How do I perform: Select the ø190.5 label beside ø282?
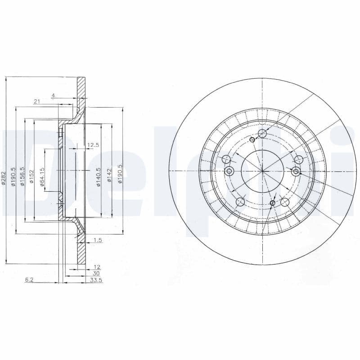pyautogui.click(x=13, y=176)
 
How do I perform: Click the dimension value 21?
pyautogui.click(x=37, y=102)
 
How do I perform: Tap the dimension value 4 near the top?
pyautogui.click(x=53, y=95)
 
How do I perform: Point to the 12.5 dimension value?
pyautogui.click(x=93, y=145)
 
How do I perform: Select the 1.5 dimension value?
pyautogui.click(x=98, y=240)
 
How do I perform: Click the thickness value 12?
pyautogui.click(x=97, y=267)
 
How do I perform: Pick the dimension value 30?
pyautogui.click(x=96, y=273)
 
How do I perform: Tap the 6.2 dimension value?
pyautogui.click(x=29, y=280)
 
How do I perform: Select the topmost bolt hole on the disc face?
pyautogui.click(x=262, y=133)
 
